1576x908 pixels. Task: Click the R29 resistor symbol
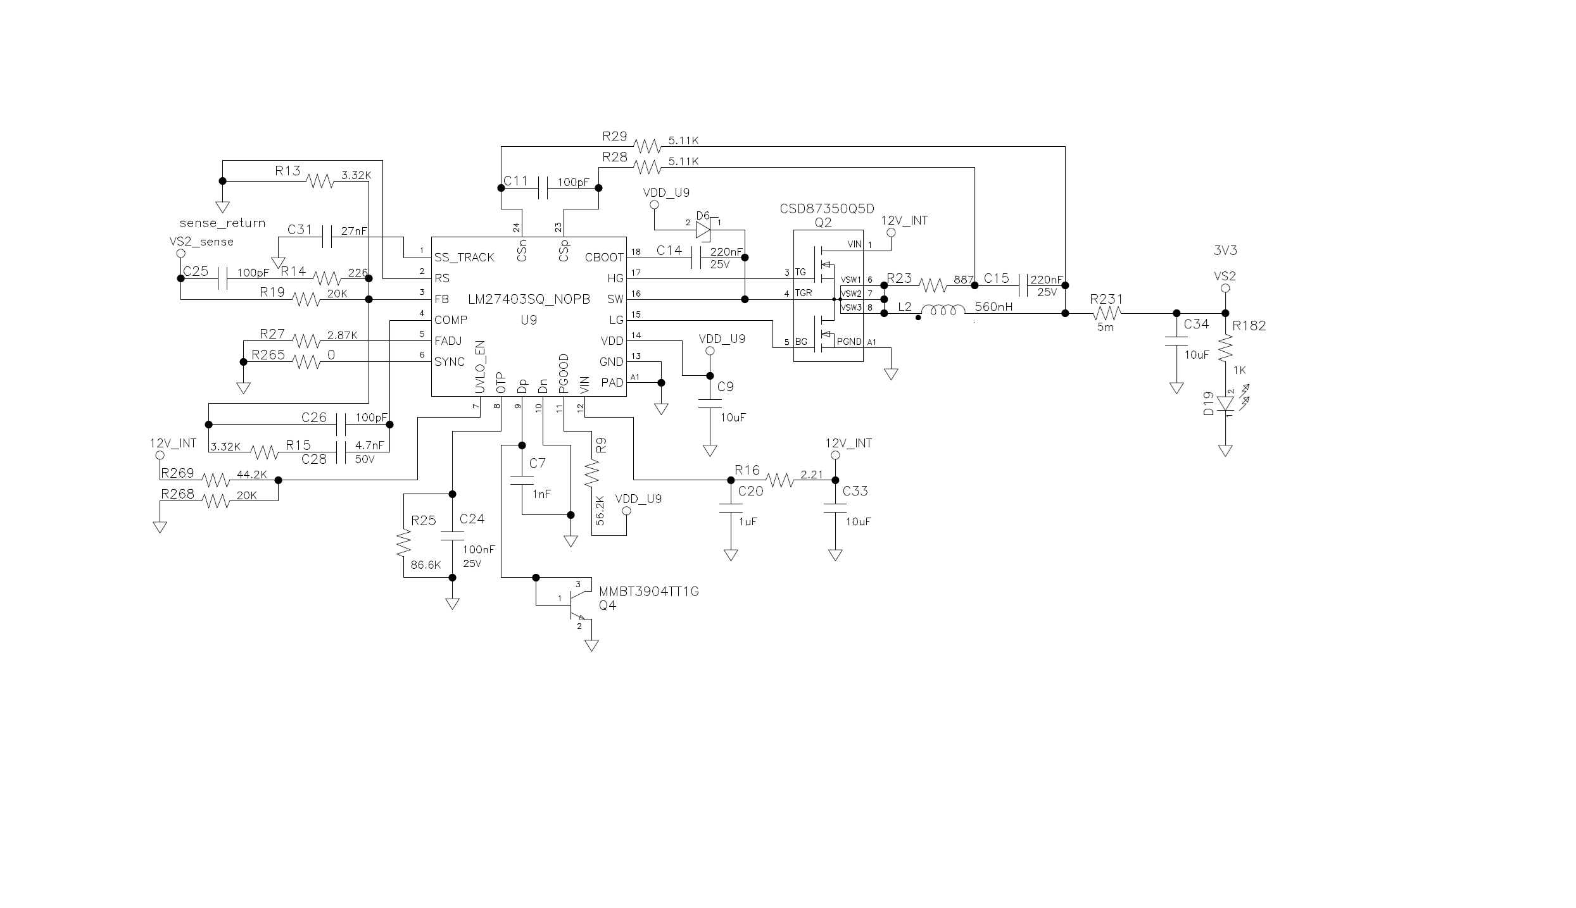[x=648, y=147]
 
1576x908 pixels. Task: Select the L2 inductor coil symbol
[x=943, y=311]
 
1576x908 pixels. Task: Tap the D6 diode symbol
[x=703, y=229]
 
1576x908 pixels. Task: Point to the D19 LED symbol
[x=1225, y=403]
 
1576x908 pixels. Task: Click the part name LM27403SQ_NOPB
[x=529, y=299]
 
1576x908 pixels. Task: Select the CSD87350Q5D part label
[x=827, y=209]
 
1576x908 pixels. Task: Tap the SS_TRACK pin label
[x=464, y=258]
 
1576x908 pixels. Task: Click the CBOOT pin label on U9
[x=604, y=258]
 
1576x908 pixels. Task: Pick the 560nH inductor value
[x=993, y=307]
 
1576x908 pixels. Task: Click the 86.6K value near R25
[x=426, y=565]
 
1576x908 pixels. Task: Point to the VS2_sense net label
[x=201, y=242]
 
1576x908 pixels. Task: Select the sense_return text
[x=222, y=223]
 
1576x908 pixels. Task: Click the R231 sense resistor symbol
[x=1106, y=313]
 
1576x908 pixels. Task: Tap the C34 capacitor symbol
[x=1176, y=342]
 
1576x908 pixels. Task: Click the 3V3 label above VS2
[x=1225, y=251]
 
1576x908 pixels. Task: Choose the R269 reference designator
[x=178, y=473]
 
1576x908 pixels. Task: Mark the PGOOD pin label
[x=564, y=373]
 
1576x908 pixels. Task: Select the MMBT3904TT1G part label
[x=649, y=592]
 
